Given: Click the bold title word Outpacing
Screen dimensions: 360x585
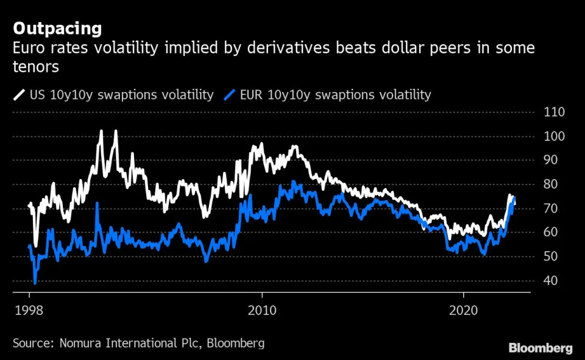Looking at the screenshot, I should [x=57, y=29].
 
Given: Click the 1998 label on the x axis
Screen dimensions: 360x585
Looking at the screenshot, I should [x=29, y=310].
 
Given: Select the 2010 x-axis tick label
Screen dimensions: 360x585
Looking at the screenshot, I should [x=261, y=310].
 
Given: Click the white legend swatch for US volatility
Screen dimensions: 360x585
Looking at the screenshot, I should [x=19, y=95].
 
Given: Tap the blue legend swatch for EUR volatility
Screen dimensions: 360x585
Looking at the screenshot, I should [x=230, y=95].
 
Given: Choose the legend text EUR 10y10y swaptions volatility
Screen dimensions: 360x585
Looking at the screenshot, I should [x=335, y=95].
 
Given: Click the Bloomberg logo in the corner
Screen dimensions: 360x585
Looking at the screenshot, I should [x=541, y=348].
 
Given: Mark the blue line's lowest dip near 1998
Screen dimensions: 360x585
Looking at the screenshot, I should [x=35, y=283].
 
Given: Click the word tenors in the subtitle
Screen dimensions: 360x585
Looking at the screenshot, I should [x=36, y=67].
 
